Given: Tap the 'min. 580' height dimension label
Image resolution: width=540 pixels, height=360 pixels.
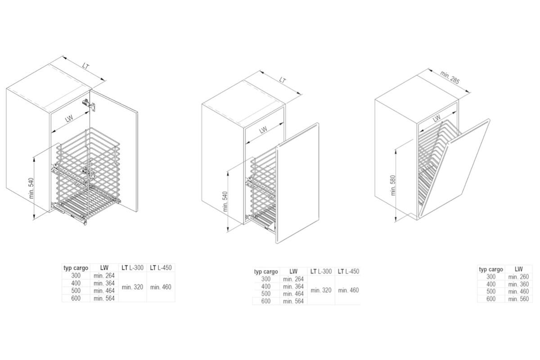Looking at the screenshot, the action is pos(393,185).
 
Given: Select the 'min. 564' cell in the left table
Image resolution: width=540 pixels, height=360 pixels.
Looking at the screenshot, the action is pos(104,298).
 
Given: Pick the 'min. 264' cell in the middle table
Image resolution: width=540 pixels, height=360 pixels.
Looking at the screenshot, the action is pos(293,279).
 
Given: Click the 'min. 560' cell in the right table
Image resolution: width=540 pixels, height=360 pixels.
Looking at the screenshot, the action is pos(518,299).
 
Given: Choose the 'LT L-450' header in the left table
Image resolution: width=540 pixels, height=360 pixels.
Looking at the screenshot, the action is pos(161,268).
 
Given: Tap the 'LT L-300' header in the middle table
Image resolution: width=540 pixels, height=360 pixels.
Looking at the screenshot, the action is pos(321,271).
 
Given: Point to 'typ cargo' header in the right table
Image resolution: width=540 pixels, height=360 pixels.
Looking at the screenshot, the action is pos(491,270).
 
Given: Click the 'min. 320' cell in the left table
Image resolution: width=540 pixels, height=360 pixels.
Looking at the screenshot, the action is pos(132,287).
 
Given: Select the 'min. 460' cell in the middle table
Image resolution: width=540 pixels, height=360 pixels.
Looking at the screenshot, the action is pos(348,290).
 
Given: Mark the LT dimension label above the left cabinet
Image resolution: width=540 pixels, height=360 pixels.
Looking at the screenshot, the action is pos(85,66).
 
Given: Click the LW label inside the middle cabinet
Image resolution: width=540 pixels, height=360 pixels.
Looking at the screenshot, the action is pos(263,130).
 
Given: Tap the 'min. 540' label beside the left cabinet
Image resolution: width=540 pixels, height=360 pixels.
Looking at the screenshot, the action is pos(31,188).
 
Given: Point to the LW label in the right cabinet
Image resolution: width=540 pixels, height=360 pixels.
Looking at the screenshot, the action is pos(436,118).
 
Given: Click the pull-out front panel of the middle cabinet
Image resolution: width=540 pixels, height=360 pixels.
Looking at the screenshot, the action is pos(297,183).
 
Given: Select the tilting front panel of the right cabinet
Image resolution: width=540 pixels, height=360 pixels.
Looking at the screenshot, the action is pos(454,169).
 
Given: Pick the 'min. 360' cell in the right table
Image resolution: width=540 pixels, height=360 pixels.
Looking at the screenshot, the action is pos(518,284).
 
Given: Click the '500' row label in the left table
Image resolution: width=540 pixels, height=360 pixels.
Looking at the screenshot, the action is pos(76,291).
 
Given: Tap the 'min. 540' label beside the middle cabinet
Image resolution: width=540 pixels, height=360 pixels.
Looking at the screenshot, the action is pos(225,202).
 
